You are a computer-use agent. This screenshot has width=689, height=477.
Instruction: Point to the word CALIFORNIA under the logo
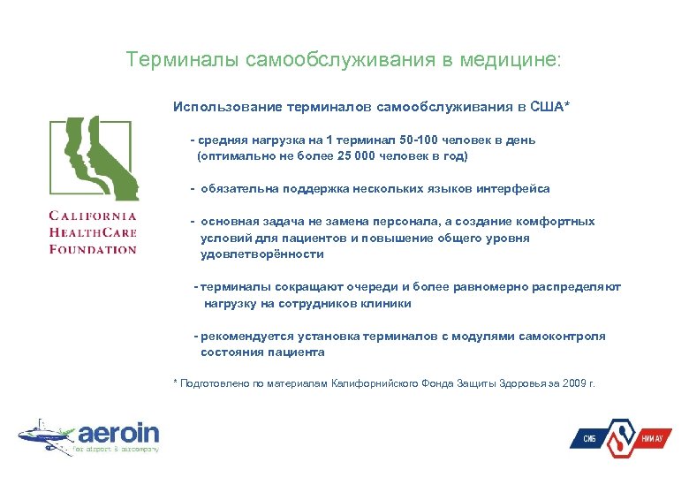coord(93,216)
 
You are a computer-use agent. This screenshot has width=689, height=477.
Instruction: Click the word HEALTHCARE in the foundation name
coord(93,232)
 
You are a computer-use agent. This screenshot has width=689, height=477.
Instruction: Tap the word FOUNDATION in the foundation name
coord(93,249)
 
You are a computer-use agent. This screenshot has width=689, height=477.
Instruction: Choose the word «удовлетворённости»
coord(261,254)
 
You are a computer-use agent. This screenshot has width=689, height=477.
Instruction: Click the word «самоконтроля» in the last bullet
coord(562,336)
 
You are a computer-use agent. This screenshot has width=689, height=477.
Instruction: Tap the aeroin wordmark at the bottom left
coord(118,433)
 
